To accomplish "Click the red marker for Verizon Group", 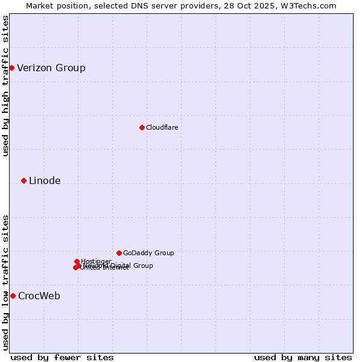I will coord(11,68).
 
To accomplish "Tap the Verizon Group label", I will coord(51,68).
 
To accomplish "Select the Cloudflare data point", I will coord(142,127).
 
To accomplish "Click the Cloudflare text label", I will coord(162,127).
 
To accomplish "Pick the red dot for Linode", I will coord(24,180).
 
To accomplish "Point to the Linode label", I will coord(45,180).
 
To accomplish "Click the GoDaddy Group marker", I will coord(119,253).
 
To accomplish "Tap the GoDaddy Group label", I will coord(148,253).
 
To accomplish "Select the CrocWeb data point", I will coord(13,296).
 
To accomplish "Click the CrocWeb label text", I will coord(39,296).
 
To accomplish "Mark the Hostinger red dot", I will coord(77,261).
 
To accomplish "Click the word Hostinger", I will coord(97,261).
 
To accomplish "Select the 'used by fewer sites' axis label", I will coord(62,357).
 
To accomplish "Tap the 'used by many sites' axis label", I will coord(303,357).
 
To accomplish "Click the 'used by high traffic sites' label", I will coord(5,86).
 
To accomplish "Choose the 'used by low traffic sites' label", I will coord(5,282).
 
